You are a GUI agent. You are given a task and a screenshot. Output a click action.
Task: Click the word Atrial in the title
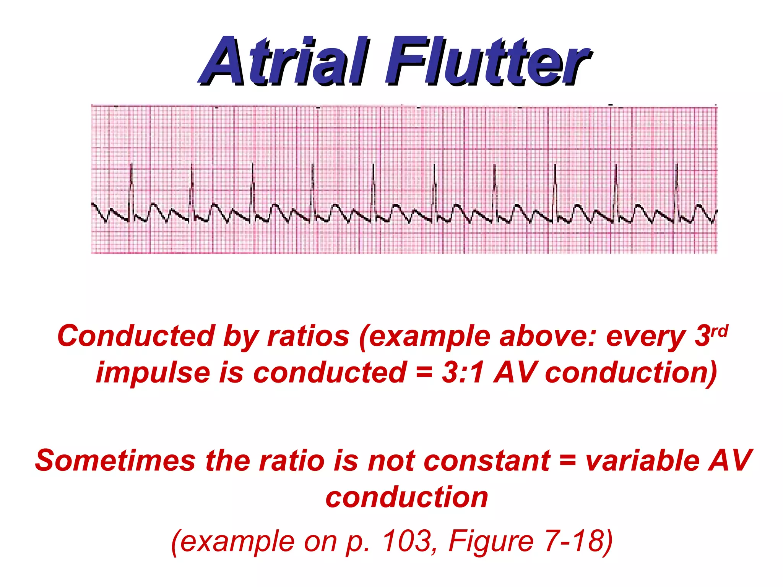pos(285,61)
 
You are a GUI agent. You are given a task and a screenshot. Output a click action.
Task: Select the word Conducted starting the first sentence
pos(136,336)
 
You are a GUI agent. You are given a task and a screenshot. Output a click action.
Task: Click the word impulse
pos(153,373)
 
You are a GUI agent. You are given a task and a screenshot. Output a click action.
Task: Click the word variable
pos(642,461)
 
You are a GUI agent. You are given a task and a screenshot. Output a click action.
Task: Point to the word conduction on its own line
pos(407,498)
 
